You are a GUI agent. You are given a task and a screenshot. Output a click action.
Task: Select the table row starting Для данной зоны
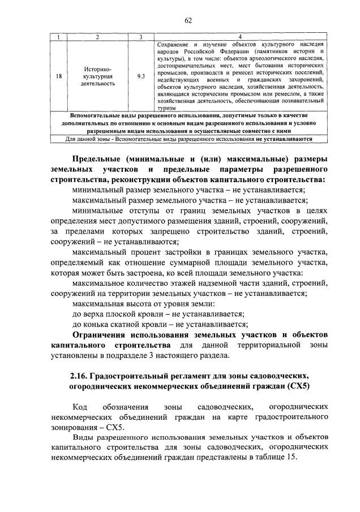188,137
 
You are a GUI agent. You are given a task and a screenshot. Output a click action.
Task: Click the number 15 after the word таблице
291,457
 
